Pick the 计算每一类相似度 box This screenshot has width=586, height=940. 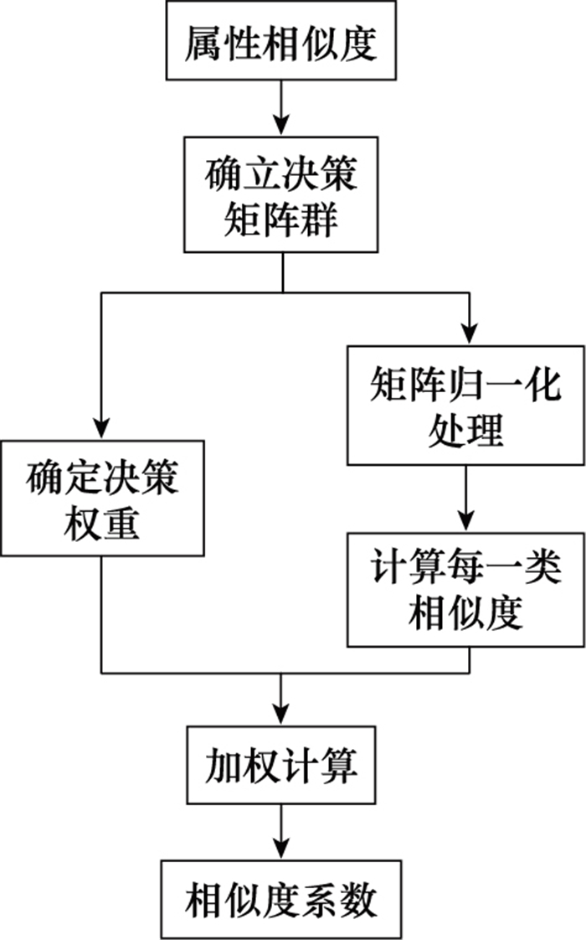(x=466, y=590)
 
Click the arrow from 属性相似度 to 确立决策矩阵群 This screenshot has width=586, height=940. (x=281, y=109)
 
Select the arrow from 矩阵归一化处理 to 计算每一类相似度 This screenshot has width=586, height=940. (x=466, y=498)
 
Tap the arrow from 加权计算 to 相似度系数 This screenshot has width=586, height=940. (x=281, y=833)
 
